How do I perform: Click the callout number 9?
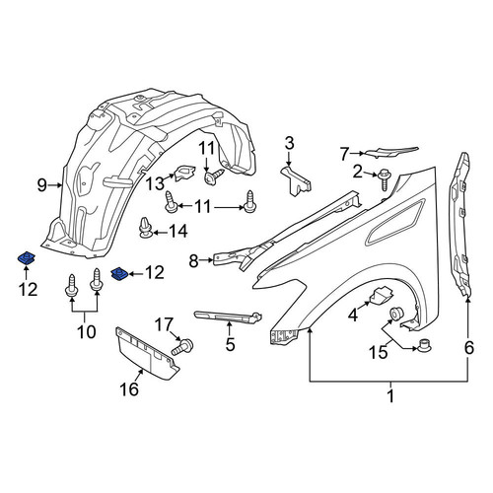click(x=42, y=185)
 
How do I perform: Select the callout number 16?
click(x=129, y=389)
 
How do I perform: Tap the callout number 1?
click(x=390, y=396)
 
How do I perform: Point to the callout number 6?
click(x=468, y=347)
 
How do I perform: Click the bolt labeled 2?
click(x=383, y=179)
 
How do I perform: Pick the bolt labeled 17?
click(x=182, y=346)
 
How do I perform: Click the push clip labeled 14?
click(x=146, y=228)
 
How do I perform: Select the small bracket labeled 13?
click(x=185, y=173)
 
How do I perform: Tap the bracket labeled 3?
click(x=296, y=181)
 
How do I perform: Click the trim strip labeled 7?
click(x=391, y=152)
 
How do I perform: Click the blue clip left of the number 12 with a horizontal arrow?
click(x=119, y=274)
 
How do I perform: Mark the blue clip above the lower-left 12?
click(x=27, y=258)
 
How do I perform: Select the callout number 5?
click(x=231, y=344)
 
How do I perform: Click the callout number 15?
click(x=379, y=352)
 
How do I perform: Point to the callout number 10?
click(x=87, y=331)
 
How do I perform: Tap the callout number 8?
click(x=193, y=261)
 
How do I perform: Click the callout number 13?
click(x=155, y=183)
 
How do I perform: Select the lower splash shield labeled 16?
click(x=147, y=353)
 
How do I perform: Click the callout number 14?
click(x=178, y=231)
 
